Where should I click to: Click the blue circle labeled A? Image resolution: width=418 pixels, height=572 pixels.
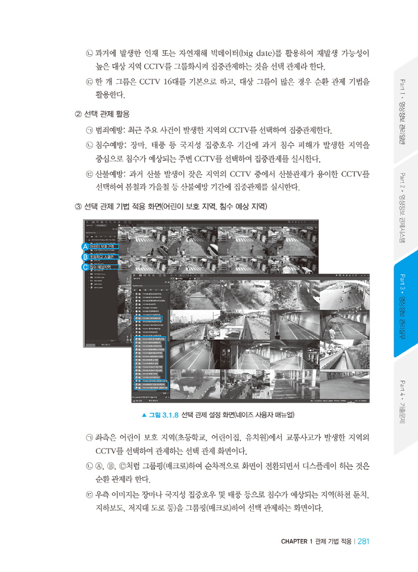coord(84,246)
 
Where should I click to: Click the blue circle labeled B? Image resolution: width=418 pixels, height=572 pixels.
coord(84,257)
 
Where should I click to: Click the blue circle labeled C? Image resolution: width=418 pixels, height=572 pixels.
coord(84,267)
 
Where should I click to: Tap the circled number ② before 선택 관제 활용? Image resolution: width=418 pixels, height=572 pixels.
coord(78,115)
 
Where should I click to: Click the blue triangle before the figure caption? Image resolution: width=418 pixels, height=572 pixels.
coord(144,415)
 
